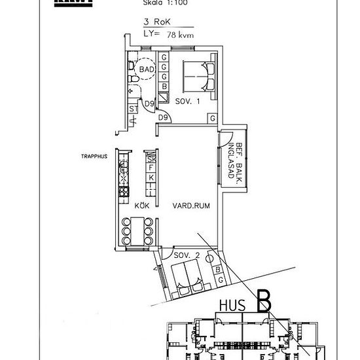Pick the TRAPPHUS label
pos(94,156)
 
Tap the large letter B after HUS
pos(264,302)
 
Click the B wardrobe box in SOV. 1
pos(164,86)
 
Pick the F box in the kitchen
pos(151,168)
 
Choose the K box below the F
pos(151,178)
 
